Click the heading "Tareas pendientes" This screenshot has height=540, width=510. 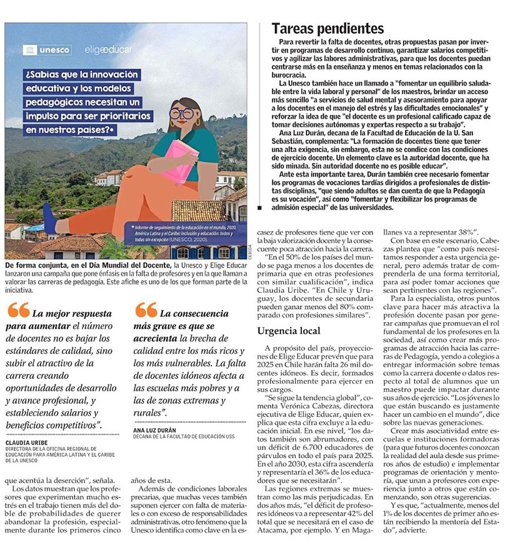click(327, 29)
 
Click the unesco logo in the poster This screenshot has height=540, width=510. click(47, 50)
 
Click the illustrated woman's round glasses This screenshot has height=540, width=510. click(182, 113)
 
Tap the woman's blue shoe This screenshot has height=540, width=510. click(49, 219)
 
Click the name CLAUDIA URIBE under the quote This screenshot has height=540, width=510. click(30, 441)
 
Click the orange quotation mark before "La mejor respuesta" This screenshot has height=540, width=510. click(18, 310)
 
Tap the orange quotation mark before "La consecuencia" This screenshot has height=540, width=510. click(146, 310)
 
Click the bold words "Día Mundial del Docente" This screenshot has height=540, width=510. click(136, 266)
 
